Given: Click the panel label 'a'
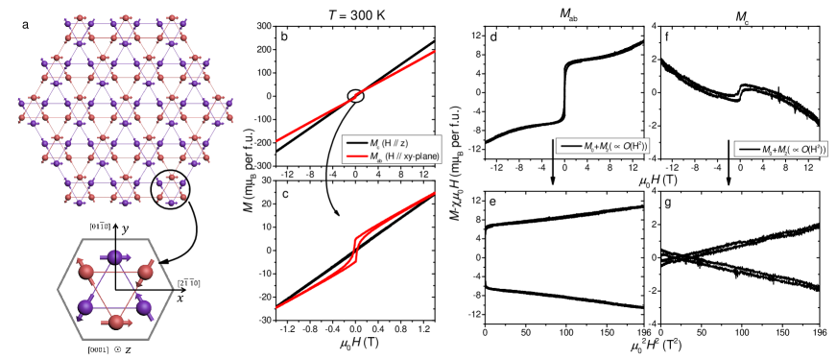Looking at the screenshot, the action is (x=26, y=25).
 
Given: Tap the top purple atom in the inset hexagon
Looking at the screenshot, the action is (x=116, y=256).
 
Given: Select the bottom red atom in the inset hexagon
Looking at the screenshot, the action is (x=116, y=327).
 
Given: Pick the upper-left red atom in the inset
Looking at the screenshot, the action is (x=85, y=274).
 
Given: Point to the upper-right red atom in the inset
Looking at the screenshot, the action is (x=146, y=274).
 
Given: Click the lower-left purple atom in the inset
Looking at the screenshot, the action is (x=85, y=308).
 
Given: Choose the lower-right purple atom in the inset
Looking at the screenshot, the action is (x=146, y=308).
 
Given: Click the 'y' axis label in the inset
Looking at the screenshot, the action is (x=126, y=230).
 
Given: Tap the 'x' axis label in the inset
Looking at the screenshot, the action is (x=179, y=297).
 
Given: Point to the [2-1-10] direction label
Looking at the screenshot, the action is (x=186, y=282).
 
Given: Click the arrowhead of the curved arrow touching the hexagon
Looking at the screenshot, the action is (x=159, y=259).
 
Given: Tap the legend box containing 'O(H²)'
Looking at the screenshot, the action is (x=603, y=146).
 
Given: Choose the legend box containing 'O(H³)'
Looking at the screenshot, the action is (x=780, y=149).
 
